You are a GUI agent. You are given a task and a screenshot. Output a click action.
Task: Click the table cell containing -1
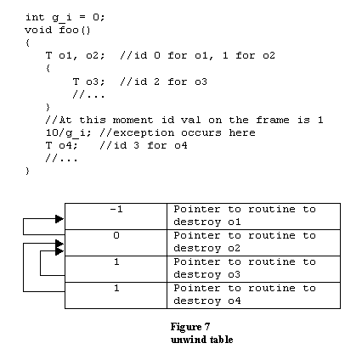point(116,217)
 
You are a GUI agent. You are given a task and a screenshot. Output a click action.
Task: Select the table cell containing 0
point(116,243)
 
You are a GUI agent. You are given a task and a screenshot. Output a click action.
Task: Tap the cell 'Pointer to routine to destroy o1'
point(253,217)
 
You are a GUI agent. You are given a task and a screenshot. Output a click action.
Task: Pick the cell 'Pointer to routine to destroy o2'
point(253,243)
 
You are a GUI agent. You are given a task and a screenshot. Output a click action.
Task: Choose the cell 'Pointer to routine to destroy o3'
point(253,269)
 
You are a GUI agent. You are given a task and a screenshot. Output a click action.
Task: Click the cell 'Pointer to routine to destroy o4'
point(253,295)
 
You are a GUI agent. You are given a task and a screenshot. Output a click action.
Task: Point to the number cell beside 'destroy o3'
point(116,269)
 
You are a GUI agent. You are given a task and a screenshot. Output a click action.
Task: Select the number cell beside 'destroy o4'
point(116,295)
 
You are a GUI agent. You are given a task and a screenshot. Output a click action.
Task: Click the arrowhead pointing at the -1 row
point(59,219)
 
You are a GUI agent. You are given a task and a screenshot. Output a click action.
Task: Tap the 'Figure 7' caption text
point(190,327)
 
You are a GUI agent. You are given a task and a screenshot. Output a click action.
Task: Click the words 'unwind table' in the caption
point(202,340)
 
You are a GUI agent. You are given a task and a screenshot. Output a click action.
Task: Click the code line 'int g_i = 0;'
point(65,18)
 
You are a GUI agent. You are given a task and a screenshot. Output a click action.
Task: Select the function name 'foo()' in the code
point(75,30)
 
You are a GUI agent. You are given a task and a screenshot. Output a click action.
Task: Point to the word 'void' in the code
point(38,30)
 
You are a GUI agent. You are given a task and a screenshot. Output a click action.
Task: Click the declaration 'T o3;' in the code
point(88,82)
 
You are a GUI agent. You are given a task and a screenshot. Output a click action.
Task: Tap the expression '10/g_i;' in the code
point(68,133)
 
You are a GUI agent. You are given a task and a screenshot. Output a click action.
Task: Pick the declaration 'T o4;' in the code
point(61,145)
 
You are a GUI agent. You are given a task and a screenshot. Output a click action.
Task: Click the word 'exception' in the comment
point(144,133)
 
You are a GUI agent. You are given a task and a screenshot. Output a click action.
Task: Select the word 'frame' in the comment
point(273,120)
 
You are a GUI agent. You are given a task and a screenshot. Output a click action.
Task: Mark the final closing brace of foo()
point(27,171)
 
